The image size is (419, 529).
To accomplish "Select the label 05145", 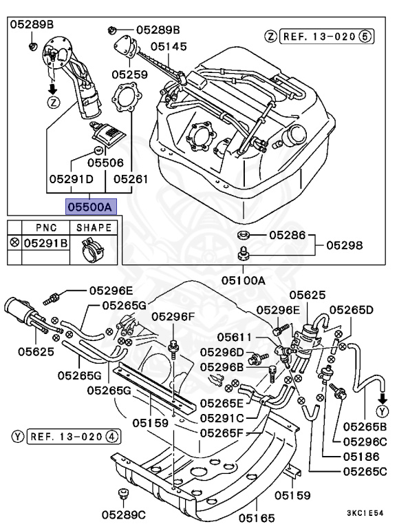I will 169,47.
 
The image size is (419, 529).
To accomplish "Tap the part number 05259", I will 130,73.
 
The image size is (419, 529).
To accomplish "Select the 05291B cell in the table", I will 45,243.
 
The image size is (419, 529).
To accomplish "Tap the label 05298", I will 345,245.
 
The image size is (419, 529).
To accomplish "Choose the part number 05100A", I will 243,280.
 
